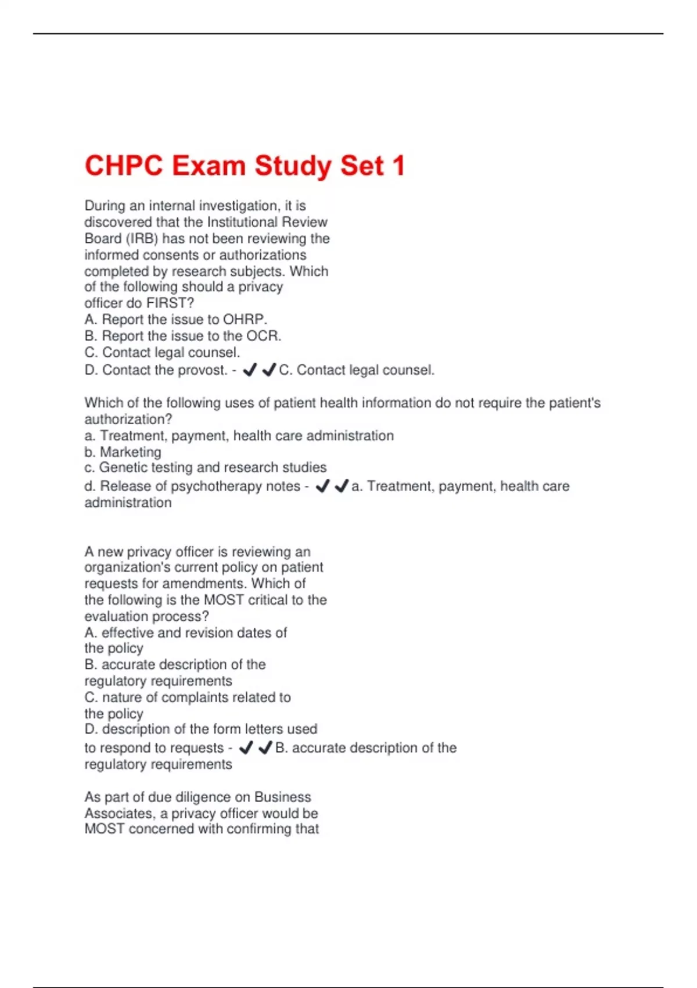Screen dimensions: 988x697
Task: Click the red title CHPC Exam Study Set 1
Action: click(245, 166)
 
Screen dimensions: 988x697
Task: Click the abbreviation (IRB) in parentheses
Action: click(142, 239)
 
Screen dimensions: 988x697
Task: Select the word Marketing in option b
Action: click(130, 452)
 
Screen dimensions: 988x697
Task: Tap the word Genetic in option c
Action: click(121, 468)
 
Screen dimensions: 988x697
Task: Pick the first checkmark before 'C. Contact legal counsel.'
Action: click(250, 370)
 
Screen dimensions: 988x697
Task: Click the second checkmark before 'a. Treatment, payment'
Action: click(342, 486)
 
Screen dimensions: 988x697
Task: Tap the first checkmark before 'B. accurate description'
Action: click(246, 748)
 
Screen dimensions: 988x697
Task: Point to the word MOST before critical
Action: click(224, 600)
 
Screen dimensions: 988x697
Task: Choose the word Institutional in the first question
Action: click(243, 222)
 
